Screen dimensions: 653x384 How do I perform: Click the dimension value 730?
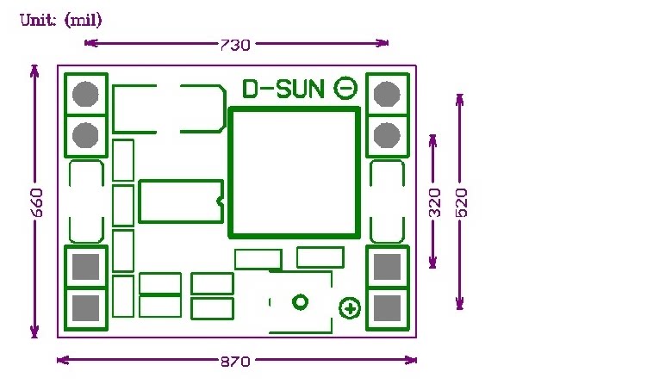point(234,44)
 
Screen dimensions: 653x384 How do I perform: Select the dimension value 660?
point(35,202)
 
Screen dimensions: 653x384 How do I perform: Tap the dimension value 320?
point(434,202)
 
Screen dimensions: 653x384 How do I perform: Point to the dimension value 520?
point(461,202)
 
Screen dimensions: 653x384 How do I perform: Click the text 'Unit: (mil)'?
point(55,20)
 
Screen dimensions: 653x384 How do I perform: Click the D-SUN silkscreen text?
point(283,89)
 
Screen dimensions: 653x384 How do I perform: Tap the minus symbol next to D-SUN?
point(345,87)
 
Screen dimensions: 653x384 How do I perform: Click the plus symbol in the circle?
point(350,308)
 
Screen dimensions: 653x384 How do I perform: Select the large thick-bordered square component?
point(293,172)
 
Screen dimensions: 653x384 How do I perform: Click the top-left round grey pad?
point(84,93)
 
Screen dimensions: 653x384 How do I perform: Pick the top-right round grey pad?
point(387,93)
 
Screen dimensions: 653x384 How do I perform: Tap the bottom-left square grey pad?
point(85,307)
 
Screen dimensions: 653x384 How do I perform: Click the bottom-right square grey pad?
point(388,307)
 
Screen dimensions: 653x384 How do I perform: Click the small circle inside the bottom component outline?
point(300,302)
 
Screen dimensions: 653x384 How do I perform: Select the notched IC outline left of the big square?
point(180,201)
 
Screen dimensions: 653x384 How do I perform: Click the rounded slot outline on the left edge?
point(85,201)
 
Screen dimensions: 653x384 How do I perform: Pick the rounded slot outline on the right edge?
point(387,201)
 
